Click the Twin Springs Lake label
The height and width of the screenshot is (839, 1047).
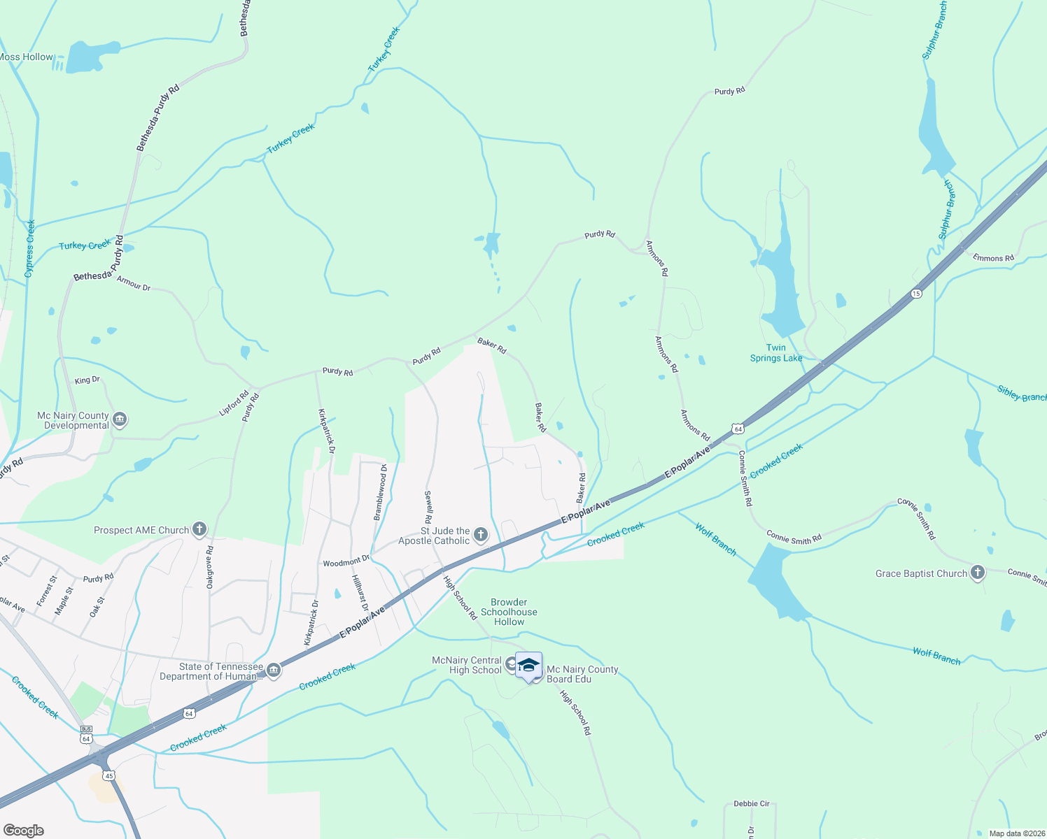(775, 353)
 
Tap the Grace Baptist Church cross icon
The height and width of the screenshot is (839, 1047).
(978, 573)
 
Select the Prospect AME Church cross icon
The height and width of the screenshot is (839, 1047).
(199, 529)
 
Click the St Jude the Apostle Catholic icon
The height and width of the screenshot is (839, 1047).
(480, 536)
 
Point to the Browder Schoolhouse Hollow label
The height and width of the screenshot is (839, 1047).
(509, 612)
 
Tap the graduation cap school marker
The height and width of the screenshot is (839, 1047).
(528, 665)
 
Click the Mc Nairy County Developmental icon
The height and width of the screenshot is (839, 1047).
(120, 419)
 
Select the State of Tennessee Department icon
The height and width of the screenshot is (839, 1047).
(274, 671)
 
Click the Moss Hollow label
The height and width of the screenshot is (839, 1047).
(26, 57)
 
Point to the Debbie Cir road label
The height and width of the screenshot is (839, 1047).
(751, 804)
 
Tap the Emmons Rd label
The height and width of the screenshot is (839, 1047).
(992, 258)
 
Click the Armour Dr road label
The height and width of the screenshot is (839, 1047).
(133, 283)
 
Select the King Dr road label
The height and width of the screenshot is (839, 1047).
(87, 380)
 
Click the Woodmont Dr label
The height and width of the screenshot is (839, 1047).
(346, 562)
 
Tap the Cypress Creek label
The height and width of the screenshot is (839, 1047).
(29, 248)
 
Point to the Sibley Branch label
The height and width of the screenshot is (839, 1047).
(1022, 395)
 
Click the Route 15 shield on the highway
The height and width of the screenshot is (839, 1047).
(916, 294)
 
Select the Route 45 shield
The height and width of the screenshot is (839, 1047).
(108, 775)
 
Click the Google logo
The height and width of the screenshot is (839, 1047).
(23, 831)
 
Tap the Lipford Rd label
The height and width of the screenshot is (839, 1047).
(234, 404)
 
